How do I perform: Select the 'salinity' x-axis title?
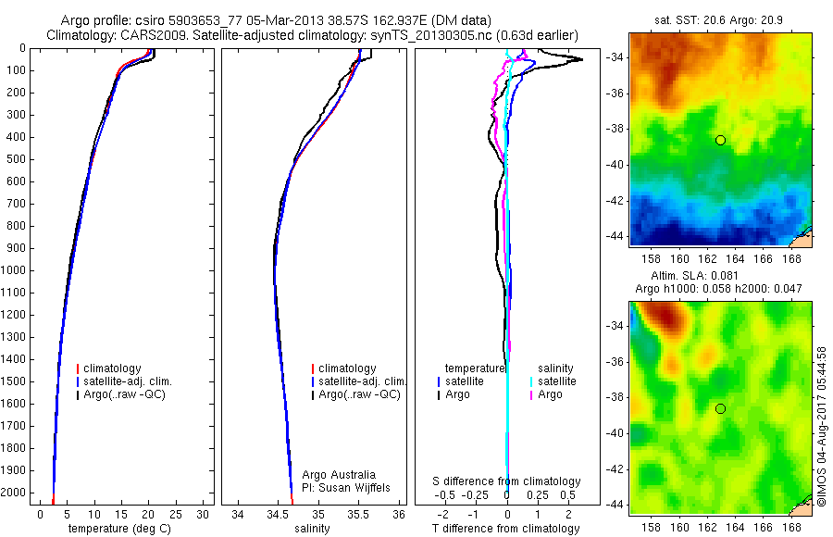pyautogui.click(x=313, y=529)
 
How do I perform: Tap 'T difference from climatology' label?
pyautogui.click(x=506, y=529)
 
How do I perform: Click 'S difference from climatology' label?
pyautogui.click(x=507, y=481)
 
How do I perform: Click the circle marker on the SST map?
pyautogui.click(x=720, y=140)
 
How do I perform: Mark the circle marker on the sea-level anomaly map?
pyautogui.click(x=720, y=408)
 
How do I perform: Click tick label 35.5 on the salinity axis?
pyautogui.click(x=358, y=514)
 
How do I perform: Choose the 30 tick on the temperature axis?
pyautogui.click(x=205, y=514)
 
